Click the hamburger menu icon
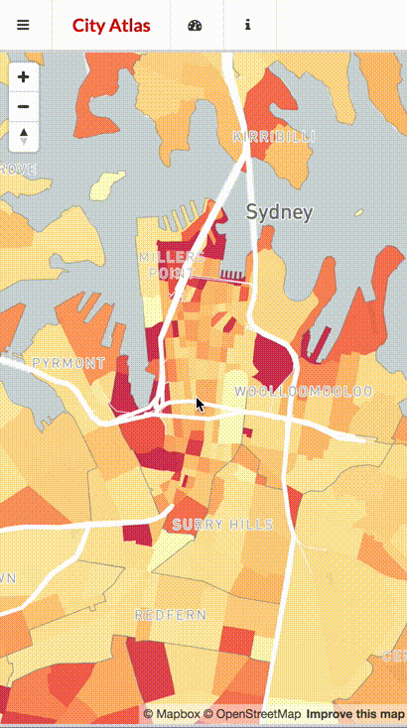point(23,25)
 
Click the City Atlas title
point(111,25)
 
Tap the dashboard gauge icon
point(195,25)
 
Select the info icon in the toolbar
point(247,25)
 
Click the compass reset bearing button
point(24,137)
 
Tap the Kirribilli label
point(273,136)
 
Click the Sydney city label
point(279,211)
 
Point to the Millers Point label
point(171,265)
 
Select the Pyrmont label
point(68,363)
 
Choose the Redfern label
point(171,615)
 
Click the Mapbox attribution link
point(171,714)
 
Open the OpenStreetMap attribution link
point(252,714)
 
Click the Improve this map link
point(354,714)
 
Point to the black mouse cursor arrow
point(200,404)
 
